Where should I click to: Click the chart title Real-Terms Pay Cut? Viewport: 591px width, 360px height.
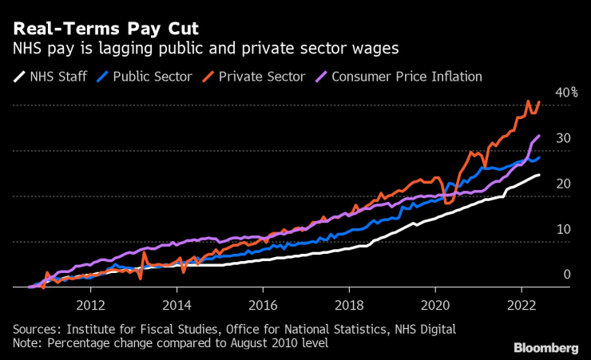[106, 29]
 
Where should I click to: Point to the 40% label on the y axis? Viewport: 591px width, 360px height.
[568, 93]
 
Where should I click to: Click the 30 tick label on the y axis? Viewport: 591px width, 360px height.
[564, 139]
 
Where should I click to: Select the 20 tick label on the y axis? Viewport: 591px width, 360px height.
[564, 184]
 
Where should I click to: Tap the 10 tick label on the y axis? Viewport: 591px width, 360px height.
[564, 230]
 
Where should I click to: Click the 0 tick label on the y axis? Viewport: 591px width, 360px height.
[566, 275]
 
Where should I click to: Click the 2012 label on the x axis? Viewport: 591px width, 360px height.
[90, 304]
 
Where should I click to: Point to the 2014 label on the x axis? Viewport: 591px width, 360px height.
[177, 304]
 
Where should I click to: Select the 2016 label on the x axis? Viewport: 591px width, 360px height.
[263, 304]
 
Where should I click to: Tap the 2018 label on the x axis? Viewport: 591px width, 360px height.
[349, 304]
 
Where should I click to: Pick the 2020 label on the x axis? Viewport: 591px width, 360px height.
[435, 304]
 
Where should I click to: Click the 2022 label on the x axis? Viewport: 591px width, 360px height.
[522, 304]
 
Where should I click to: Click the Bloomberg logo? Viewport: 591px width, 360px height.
[545, 347]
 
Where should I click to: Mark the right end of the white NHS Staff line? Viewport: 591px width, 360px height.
[539, 175]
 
